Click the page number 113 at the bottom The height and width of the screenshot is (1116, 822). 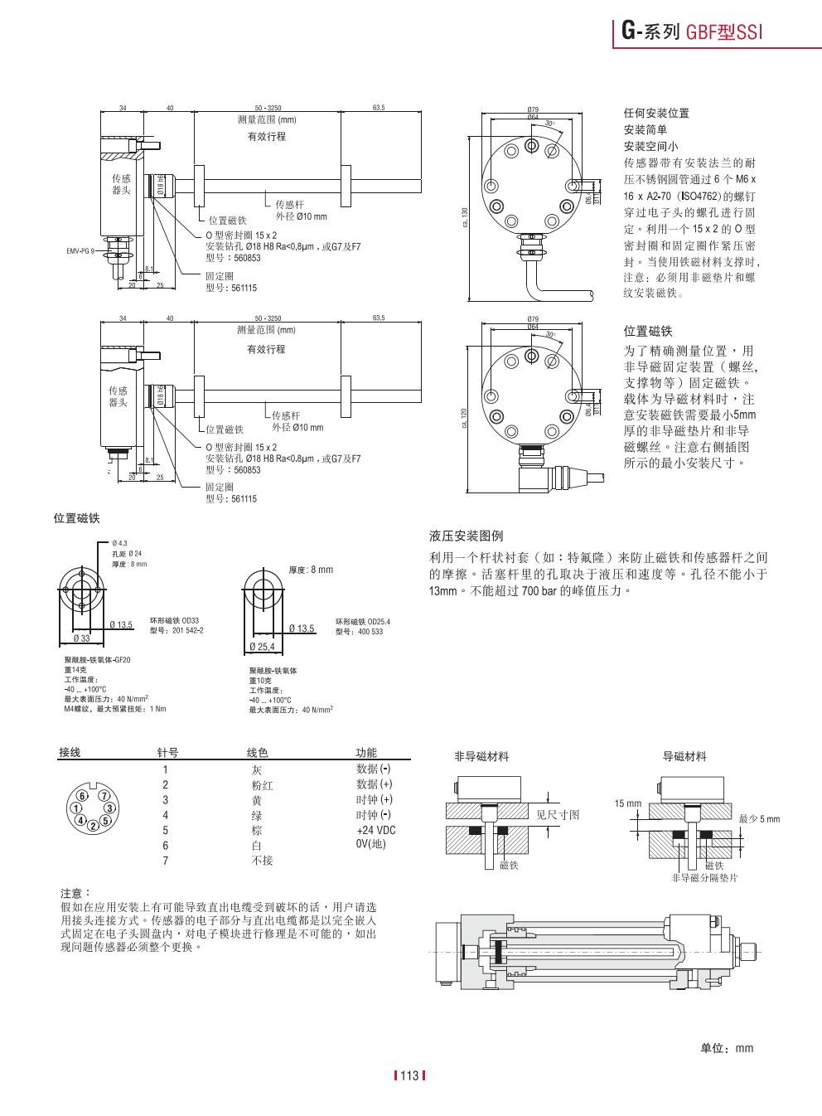[409, 1076]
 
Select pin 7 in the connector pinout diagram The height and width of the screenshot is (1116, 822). [105, 795]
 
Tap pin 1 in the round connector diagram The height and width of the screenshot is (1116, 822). [76, 808]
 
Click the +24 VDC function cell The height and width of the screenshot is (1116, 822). [375, 831]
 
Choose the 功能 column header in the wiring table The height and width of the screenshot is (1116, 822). [365, 753]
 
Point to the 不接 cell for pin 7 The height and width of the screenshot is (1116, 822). [262, 861]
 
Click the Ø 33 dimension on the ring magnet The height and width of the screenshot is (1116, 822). [81, 638]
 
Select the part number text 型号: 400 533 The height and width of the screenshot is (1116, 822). [359, 632]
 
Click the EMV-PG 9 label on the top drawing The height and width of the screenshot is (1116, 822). [80, 250]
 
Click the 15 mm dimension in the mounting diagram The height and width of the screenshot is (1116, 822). [627, 804]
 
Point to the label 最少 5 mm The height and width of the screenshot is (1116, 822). [759, 819]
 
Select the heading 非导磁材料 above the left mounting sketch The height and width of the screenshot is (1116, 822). [481, 756]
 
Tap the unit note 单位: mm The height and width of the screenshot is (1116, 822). [727, 1048]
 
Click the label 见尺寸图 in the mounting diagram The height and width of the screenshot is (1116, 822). [558, 815]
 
